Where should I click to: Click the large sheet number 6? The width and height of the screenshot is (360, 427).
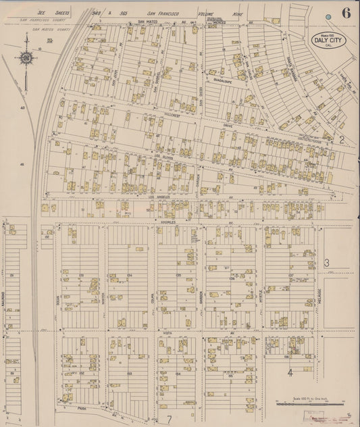tap(346, 13)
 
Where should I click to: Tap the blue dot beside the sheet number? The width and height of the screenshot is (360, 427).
tap(328, 16)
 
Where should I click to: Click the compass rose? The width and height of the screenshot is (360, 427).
tap(26, 60)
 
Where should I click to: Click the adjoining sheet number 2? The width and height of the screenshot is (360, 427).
tap(342, 140)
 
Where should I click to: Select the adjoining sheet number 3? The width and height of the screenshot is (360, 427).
tap(326, 263)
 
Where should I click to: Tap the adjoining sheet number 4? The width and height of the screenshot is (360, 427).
tap(290, 372)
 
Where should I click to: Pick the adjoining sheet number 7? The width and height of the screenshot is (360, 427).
tap(170, 420)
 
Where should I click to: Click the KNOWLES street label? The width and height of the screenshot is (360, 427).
tap(168, 221)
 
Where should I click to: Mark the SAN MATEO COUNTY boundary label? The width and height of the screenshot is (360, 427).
tap(38, 30)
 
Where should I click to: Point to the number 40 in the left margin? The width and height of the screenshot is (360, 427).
tap(22, 107)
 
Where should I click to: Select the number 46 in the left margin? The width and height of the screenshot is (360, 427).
tap(22, 164)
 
